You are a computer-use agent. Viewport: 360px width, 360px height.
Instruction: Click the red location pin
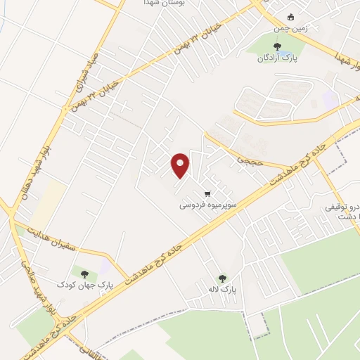pos(181,165)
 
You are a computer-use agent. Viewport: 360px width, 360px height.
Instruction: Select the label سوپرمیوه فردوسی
pos(207,206)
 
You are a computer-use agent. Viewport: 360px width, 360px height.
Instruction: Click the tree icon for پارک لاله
pos(224,278)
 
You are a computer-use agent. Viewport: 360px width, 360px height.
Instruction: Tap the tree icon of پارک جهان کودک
pos(84,274)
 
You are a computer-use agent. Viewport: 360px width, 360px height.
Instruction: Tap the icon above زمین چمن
pos(291,17)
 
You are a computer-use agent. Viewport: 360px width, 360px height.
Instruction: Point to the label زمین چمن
pos(289,28)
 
